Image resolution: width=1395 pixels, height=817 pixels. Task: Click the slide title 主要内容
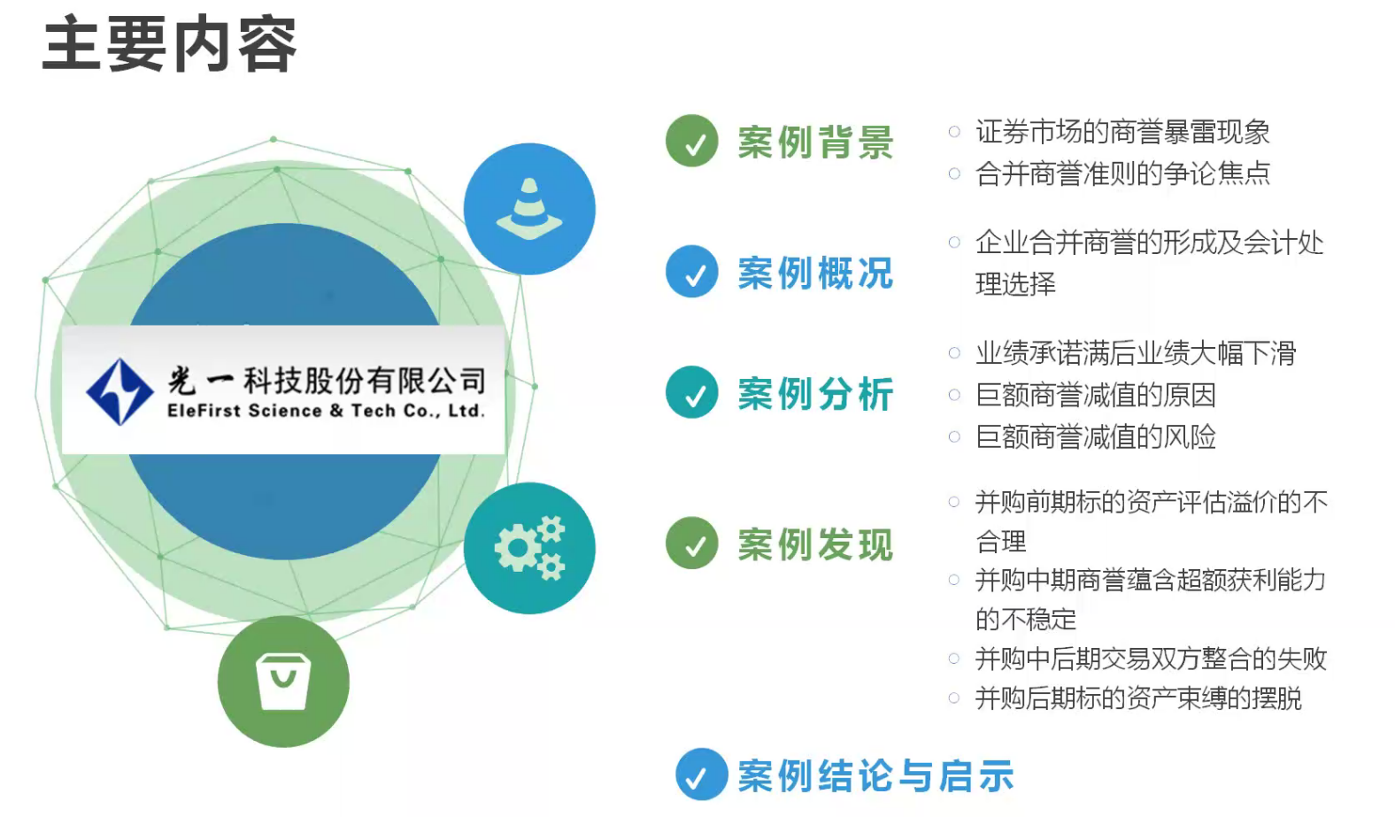click(169, 44)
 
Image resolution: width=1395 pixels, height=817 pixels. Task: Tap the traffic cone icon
click(529, 209)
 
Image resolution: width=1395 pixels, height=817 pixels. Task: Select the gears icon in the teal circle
click(530, 548)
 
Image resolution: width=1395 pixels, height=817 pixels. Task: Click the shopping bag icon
click(283, 682)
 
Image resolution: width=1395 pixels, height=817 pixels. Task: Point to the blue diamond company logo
click(119, 392)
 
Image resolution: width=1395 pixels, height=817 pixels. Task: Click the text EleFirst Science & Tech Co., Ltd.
click(326, 411)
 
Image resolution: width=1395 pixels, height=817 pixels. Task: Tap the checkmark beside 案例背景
click(692, 141)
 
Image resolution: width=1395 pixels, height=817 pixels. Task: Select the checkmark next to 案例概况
click(692, 272)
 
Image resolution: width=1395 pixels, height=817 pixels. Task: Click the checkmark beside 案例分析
click(692, 392)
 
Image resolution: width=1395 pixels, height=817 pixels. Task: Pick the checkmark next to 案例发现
click(692, 543)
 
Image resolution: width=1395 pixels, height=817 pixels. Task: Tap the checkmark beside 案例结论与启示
click(702, 774)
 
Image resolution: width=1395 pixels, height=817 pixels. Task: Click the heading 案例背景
click(816, 143)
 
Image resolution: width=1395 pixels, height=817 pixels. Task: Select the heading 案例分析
click(816, 394)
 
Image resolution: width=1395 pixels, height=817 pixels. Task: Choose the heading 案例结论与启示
click(876, 776)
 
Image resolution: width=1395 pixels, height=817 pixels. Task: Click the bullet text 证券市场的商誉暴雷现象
click(1122, 132)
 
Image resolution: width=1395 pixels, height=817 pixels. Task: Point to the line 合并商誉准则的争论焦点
click(1122, 173)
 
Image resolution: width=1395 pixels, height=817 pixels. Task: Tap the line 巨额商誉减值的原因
click(1096, 395)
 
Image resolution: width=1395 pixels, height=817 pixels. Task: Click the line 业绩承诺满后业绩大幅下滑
click(1136, 353)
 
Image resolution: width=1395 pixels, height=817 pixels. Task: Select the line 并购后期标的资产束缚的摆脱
click(1138, 698)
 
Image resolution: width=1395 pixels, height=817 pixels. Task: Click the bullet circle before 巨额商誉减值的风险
click(954, 436)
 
